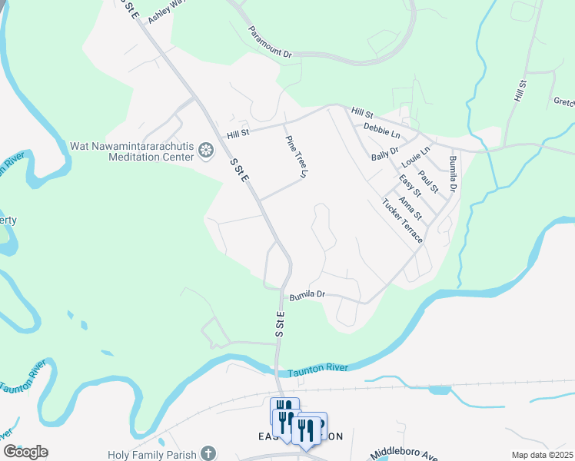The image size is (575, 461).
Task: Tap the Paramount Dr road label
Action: (270, 43)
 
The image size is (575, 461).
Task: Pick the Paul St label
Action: (428, 183)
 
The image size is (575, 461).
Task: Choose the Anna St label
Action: (412, 208)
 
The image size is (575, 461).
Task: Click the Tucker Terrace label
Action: (402, 221)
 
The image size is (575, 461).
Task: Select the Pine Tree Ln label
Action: (296, 158)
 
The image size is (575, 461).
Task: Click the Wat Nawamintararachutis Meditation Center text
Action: (131, 151)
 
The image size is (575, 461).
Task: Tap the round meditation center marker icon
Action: (205, 151)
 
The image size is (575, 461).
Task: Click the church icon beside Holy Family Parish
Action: (208, 453)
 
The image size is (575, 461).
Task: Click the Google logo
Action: (26, 452)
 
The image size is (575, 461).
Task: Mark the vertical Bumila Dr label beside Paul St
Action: (453, 174)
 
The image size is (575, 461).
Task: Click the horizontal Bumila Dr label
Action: (307, 294)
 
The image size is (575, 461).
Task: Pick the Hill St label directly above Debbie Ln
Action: (362, 112)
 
